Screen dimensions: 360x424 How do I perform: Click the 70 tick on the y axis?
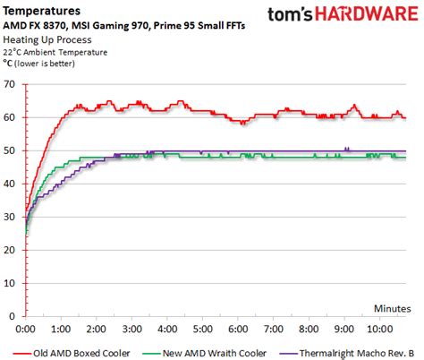tap(12, 83)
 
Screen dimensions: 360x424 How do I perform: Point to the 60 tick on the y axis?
tap(12, 116)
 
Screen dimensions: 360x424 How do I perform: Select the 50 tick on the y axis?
tap(12, 150)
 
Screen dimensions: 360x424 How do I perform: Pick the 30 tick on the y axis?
tap(12, 216)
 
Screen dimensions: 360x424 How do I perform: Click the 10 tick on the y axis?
tap(12, 282)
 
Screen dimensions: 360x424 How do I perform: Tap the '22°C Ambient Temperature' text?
tap(55, 54)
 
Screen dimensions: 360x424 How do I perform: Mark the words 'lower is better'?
tap(53, 65)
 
